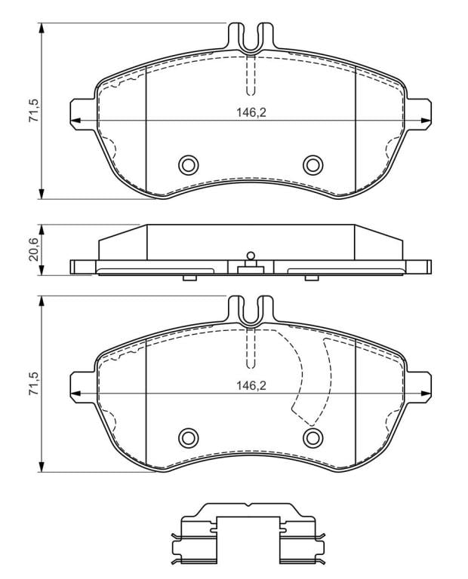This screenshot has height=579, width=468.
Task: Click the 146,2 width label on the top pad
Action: [251, 112]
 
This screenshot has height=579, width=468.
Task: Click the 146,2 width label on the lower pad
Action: [251, 385]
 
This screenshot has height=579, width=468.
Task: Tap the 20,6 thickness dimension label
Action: [34, 250]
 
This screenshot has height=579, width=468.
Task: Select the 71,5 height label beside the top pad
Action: [34, 111]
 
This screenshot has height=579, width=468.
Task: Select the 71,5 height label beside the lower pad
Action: [34, 384]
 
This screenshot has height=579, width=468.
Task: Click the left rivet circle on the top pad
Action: [188, 164]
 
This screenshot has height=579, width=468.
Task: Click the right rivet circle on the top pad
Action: [313, 164]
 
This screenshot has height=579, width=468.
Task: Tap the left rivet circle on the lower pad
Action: [188, 438]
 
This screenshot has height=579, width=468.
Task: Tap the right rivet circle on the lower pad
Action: [313, 438]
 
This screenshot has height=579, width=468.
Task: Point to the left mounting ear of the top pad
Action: [82, 114]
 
